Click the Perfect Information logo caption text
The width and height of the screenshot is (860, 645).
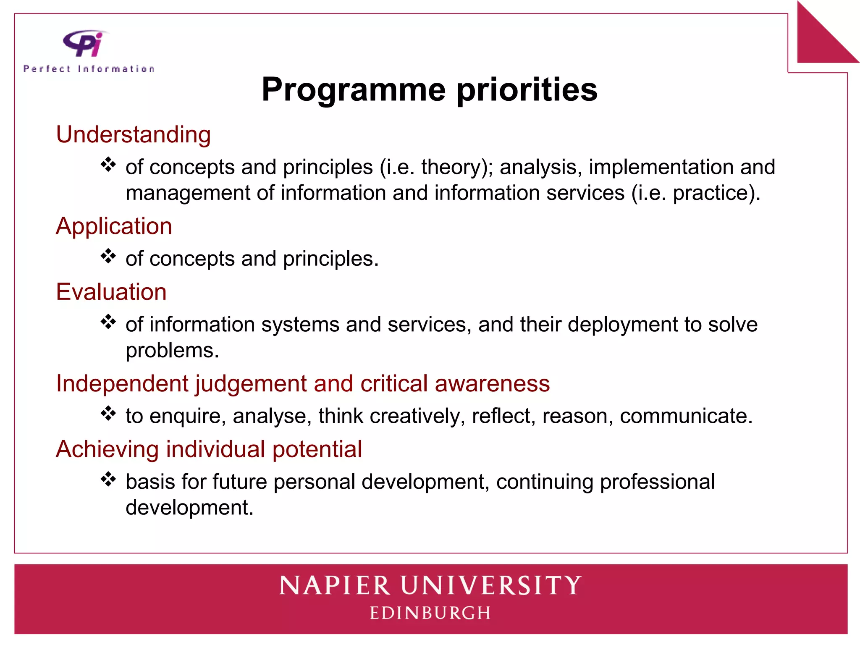[89, 69]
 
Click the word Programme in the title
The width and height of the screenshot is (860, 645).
[353, 89]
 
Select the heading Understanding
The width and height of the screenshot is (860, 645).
[133, 135]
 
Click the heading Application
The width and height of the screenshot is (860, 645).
[114, 226]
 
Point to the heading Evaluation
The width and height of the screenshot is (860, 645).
[111, 292]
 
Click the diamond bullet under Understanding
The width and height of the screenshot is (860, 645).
[108, 164]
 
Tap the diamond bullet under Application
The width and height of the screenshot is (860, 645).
[108, 256]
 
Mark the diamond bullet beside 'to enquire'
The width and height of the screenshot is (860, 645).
[108, 413]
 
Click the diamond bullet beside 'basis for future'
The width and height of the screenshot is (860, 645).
[108, 479]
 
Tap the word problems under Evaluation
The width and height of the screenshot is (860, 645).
[172, 351]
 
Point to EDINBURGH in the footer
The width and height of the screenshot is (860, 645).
[430, 613]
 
